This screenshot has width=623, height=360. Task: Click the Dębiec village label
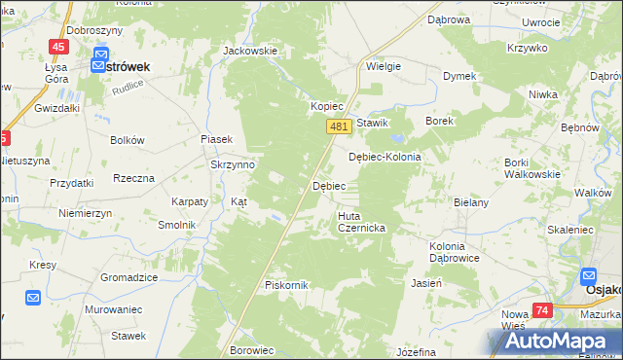(x=328, y=185)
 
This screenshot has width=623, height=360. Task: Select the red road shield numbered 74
(x=542, y=310)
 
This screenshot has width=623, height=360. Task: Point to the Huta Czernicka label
(x=362, y=222)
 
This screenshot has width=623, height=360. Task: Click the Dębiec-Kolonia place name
(x=385, y=157)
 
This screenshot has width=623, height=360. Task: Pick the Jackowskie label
(x=250, y=51)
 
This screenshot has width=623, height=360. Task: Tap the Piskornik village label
(x=286, y=285)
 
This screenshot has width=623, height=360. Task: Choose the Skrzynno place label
(x=233, y=165)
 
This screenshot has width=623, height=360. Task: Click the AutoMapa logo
(x=554, y=341)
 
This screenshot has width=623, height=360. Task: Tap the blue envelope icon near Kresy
(x=32, y=298)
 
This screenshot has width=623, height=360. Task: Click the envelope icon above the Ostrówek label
(x=99, y=65)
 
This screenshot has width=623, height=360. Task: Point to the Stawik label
(x=373, y=123)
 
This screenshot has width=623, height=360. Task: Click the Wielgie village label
(x=384, y=67)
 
